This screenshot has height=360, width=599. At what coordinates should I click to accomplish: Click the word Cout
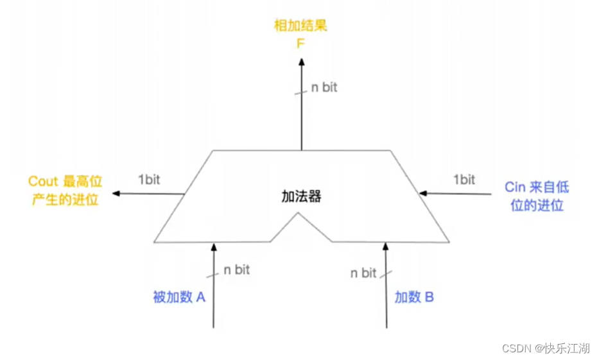tap(43, 182)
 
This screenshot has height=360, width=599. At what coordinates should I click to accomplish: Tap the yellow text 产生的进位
tap(65, 200)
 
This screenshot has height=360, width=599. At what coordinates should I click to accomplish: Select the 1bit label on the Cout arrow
tap(149, 179)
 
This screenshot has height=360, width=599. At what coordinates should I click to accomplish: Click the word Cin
tap(516, 187)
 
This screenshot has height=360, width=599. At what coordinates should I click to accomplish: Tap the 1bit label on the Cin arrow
tap(464, 179)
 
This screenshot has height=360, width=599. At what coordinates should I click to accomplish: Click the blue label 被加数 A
tap(178, 298)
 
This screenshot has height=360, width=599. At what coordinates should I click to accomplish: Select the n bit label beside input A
tap(236, 270)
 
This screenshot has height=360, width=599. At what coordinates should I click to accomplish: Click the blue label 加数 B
tap(414, 298)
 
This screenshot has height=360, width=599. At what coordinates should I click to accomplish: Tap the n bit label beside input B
tap(363, 273)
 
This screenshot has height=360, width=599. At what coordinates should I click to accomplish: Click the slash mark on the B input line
tap(386, 274)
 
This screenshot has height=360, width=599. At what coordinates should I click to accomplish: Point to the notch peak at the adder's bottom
tap(299, 215)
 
